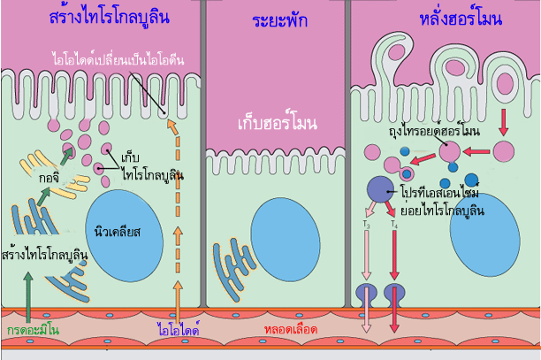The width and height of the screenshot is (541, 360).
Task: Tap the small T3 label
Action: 368,227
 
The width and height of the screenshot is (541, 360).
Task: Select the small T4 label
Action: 393,227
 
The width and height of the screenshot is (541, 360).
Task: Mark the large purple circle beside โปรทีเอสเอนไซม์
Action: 380,188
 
